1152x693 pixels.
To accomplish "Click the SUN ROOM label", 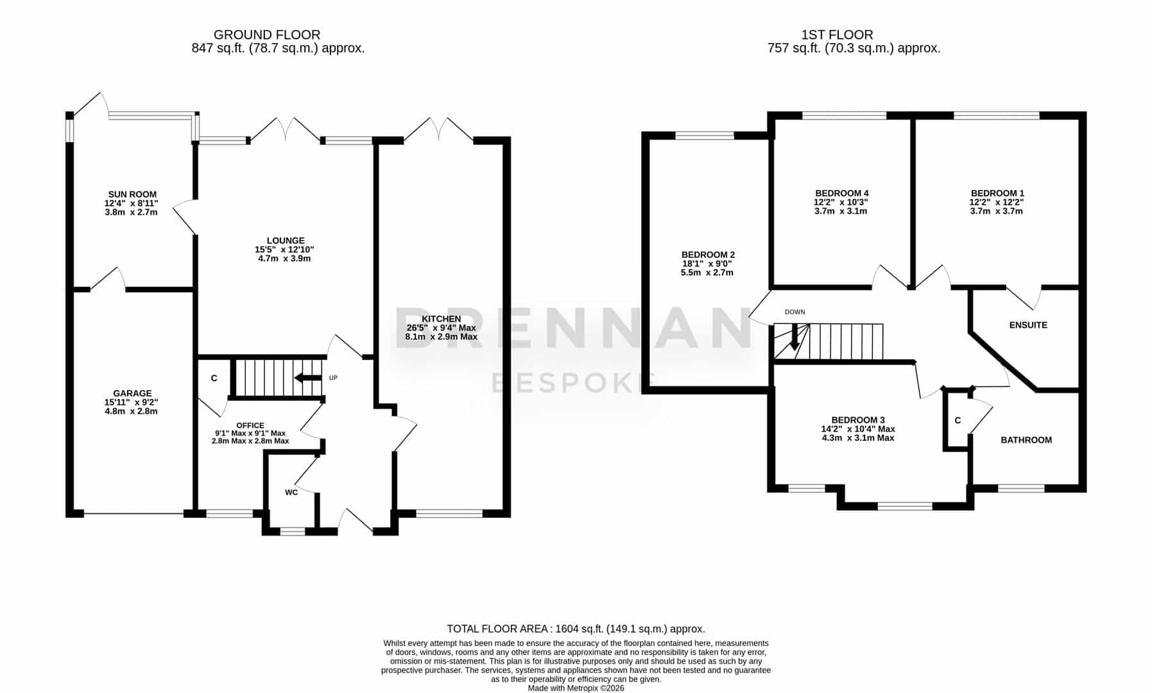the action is pyautogui.click(x=132, y=194).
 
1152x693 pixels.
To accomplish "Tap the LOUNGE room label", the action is pyautogui.click(x=286, y=241).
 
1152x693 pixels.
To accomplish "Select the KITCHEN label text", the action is pyautogui.click(x=441, y=319).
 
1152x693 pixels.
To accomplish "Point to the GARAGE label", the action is pyautogui.click(x=132, y=393).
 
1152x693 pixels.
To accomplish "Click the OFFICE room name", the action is pyautogui.click(x=250, y=425).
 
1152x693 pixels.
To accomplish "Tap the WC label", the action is pyautogui.click(x=291, y=493).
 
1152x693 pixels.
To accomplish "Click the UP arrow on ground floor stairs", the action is pyautogui.click(x=308, y=378).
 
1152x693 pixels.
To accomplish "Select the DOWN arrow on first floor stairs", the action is pyautogui.click(x=795, y=336).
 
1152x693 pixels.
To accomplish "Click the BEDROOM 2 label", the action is pyautogui.click(x=708, y=255).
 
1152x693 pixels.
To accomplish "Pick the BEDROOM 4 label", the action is pyautogui.click(x=841, y=193).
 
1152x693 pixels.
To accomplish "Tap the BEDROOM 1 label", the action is pyautogui.click(x=997, y=193).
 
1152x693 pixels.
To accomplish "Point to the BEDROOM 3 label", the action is pyautogui.click(x=858, y=420).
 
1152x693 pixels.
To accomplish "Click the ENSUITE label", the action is pyautogui.click(x=1028, y=325).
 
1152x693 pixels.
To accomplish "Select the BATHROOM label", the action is pyautogui.click(x=1026, y=440).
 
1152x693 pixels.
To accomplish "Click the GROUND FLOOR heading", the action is pyautogui.click(x=267, y=35).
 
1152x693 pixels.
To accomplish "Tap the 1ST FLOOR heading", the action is pyautogui.click(x=837, y=35).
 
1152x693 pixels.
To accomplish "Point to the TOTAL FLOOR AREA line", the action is pyautogui.click(x=576, y=629).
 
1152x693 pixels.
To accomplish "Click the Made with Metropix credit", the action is pyautogui.click(x=576, y=688).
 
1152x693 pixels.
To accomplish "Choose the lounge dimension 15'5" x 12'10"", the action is pyautogui.click(x=284, y=250).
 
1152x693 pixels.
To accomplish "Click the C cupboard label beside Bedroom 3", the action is pyautogui.click(x=958, y=421).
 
